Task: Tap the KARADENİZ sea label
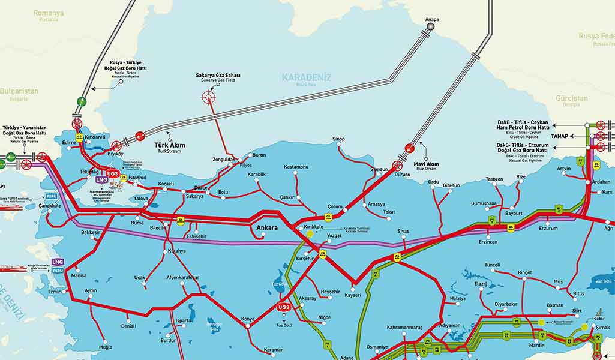(306, 77)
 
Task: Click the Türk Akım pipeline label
(169, 145)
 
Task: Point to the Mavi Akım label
(427, 164)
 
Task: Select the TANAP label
(559, 136)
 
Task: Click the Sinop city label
(339, 139)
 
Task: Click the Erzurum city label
(548, 228)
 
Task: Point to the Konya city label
(248, 318)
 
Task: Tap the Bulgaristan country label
(19, 91)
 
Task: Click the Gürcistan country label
(571, 98)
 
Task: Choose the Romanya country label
(49, 13)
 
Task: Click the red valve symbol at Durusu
(397, 165)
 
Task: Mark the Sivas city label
(403, 230)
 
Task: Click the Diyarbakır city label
(506, 304)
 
